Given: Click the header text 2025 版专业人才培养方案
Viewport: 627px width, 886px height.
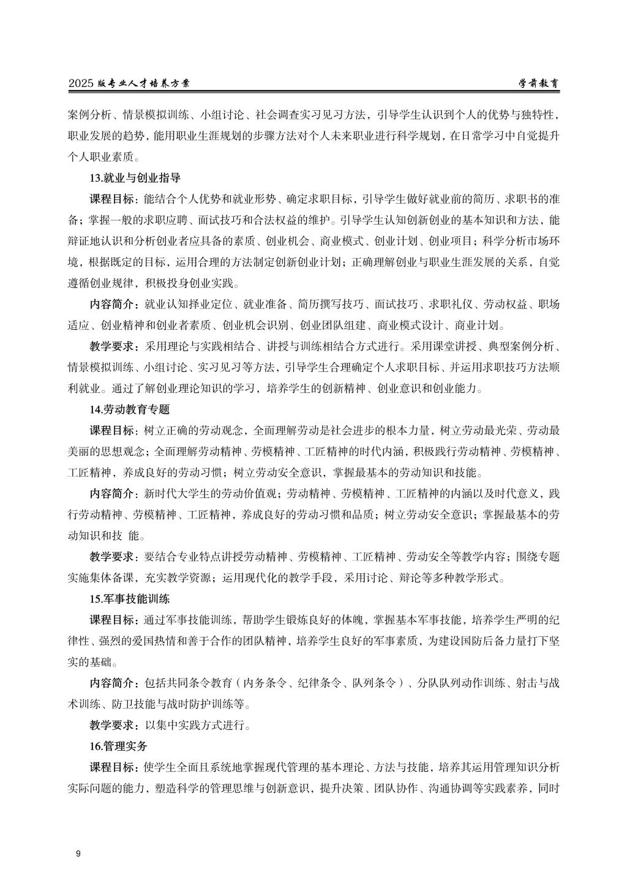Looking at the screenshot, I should (129, 84).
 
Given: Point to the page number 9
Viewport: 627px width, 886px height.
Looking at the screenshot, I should (78, 854).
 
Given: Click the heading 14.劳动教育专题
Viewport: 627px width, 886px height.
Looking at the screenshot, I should (129, 409).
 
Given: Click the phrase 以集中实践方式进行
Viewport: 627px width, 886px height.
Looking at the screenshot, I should (194, 725).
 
